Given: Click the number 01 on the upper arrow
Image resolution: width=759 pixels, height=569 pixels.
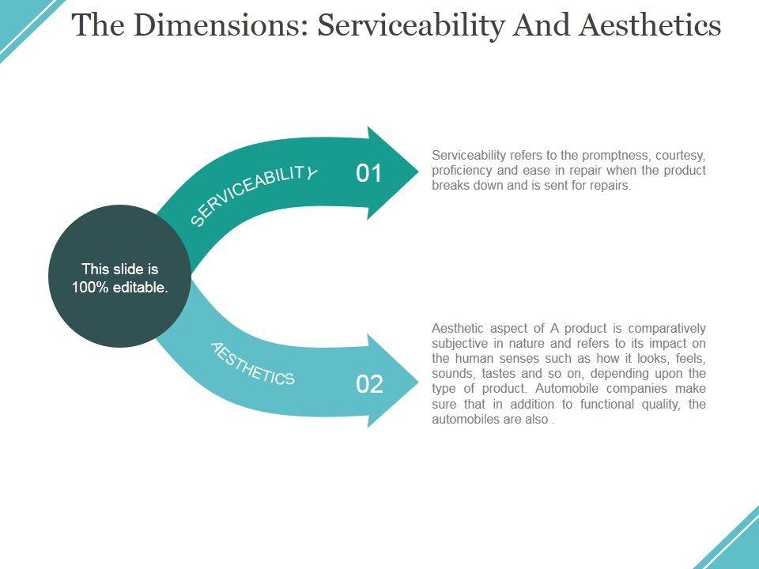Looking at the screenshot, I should (x=369, y=173).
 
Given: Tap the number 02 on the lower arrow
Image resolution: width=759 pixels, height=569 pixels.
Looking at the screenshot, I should (x=369, y=384).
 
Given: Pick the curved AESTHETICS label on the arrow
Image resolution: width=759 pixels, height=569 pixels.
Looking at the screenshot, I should (x=253, y=364).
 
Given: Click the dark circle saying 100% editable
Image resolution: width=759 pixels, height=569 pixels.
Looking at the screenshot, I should (x=119, y=277).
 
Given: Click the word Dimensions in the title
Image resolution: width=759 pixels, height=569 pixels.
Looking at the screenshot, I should (x=210, y=26).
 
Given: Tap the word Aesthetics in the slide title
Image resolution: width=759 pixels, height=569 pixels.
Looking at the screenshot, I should (x=649, y=26).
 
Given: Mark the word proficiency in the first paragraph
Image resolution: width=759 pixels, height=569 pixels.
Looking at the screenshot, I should (x=463, y=171).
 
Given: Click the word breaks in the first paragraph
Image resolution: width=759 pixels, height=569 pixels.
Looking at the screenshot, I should (x=450, y=186).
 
